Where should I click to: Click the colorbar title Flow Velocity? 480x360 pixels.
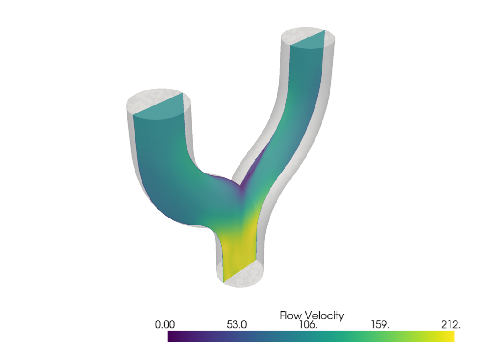pos(311,315)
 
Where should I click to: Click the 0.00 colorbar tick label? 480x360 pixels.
pos(165,325)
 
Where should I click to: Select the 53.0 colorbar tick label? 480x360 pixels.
pos(237,325)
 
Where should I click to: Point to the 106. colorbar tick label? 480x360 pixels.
pos(308,325)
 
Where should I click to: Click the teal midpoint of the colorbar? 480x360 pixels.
pos(311,337)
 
